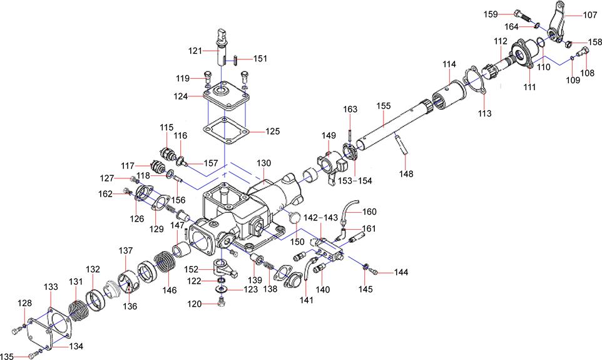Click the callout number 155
[x=383, y=107]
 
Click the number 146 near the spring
[x=170, y=291]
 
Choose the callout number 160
[x=370, y=211]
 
